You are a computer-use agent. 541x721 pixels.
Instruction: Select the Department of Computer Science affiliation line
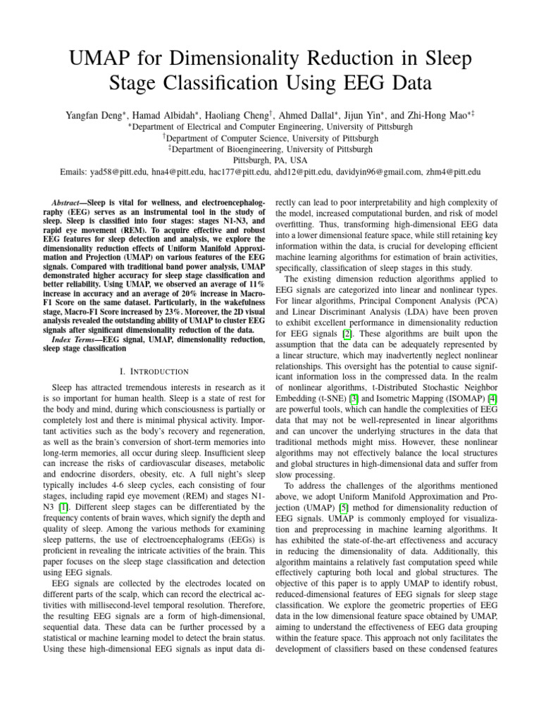[x=270, y=138]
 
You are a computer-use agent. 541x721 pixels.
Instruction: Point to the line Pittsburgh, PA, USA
[x=270, y=161]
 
